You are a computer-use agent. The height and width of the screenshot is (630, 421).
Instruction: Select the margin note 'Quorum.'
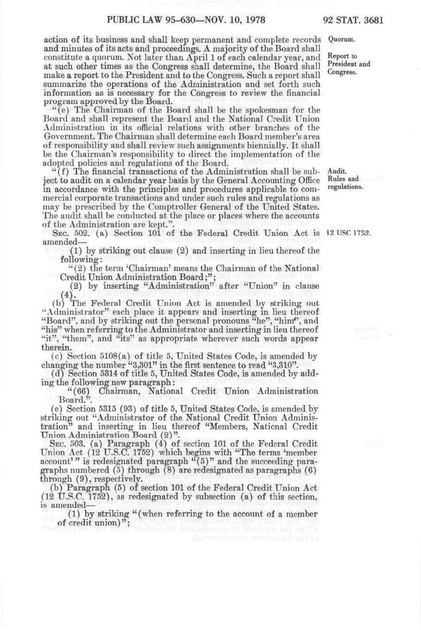[342, 39]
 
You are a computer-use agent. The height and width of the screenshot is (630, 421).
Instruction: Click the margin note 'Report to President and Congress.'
[349, 64]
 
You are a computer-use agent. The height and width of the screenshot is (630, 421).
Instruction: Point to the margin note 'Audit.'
[337, 171]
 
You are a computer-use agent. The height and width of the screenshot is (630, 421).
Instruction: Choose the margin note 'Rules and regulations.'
[345, 183]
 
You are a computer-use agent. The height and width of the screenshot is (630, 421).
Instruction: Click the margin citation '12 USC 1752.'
[349, 233]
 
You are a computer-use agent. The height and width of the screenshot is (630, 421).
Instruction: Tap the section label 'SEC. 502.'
[67, 233]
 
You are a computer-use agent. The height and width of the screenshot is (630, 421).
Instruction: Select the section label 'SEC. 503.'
[67, 444]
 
